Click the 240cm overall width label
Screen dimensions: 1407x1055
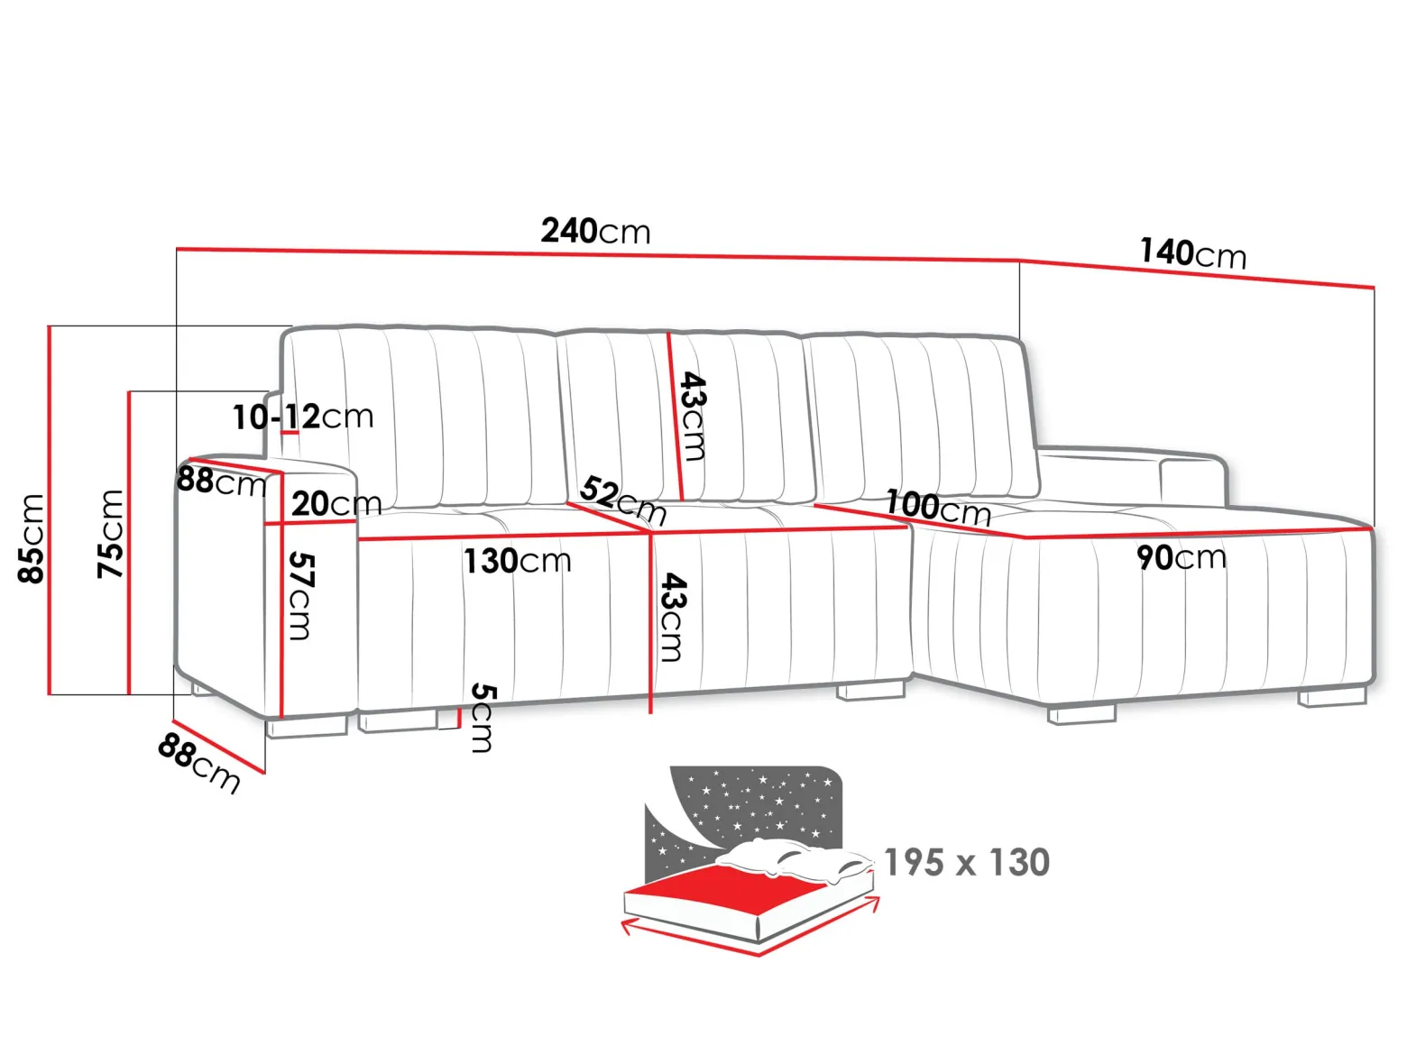[595, 231]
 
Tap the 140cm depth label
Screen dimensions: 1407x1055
[1193, 253]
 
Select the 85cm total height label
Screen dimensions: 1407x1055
[31, 538]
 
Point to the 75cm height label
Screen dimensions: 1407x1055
[110, 534]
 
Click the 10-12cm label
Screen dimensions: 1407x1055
[302, 417]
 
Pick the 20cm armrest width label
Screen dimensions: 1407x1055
[336, 503]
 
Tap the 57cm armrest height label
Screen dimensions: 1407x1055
[300, 596]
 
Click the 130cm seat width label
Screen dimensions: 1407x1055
[517, 561]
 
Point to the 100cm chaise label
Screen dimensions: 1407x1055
[938, 508]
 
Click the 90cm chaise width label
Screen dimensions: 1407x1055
[1182, 557]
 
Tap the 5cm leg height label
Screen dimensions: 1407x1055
[482, 718]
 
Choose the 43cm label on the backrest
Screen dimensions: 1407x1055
[693, 417]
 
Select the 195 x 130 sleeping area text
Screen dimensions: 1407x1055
[967, 863]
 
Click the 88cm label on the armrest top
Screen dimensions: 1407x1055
[222, 482]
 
